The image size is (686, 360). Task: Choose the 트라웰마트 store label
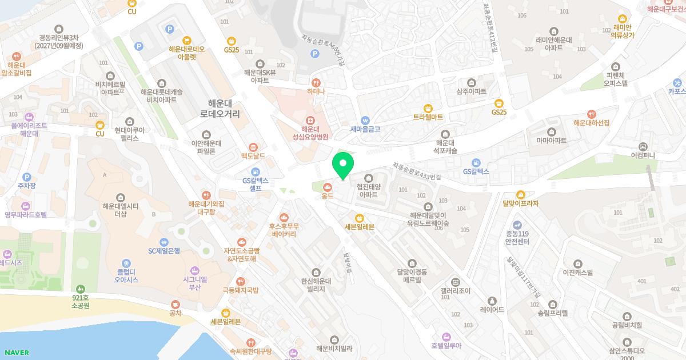point(428,117)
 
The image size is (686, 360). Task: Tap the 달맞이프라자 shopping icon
point(520,194)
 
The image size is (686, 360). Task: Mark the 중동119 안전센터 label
point(517,237)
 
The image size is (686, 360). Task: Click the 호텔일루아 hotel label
point(446,345)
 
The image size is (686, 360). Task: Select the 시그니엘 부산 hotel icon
point(194,270)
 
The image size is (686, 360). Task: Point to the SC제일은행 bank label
point(164,250)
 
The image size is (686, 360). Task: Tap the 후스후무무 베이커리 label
point(284,230)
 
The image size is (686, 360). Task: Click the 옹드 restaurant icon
point(328,186)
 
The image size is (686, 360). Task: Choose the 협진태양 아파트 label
point(368,190)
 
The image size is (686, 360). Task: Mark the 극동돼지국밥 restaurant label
point(241,290)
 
